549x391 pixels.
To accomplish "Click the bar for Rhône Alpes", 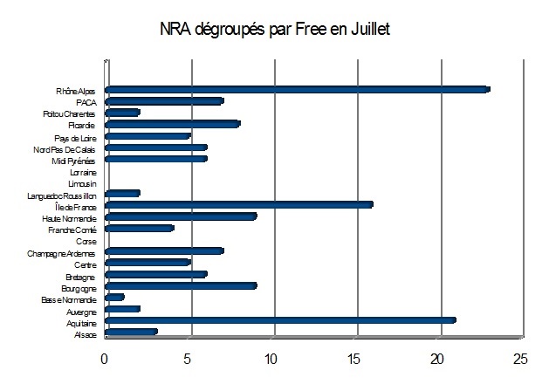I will pos(297,90).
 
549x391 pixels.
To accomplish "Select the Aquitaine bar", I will pos(279,320).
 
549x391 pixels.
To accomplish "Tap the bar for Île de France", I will pos(238,205).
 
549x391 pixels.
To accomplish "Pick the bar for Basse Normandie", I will pos(114,298).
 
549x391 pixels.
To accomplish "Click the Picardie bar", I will pos(172,124).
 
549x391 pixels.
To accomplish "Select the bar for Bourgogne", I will pos(180,285).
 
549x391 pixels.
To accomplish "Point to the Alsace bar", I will pos(131,332).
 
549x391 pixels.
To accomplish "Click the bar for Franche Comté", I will pos(139,229).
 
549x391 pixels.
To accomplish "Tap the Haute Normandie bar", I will pos(180,216).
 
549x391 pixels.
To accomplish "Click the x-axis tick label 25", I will pos(521,359).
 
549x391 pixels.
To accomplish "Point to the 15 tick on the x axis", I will pos(354,359).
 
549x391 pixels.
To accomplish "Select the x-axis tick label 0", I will pos(105,359).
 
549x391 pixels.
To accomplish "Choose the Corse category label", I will pos(86,241).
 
